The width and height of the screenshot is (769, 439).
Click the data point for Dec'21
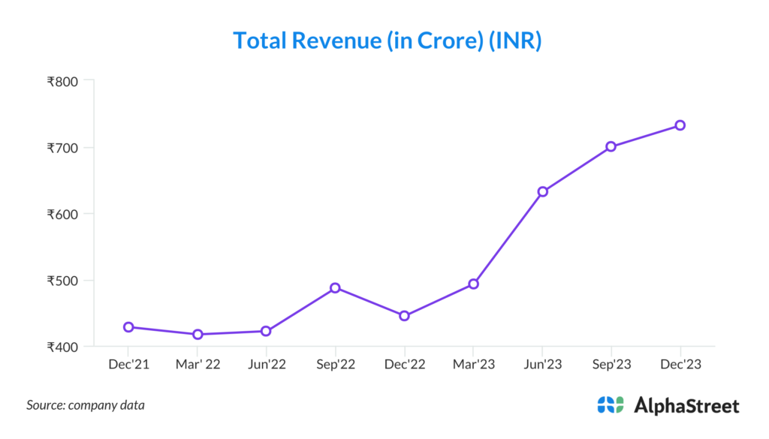(128, 327)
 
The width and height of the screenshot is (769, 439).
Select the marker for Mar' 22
(198, 334)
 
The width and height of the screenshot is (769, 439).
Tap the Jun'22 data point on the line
(266, 331)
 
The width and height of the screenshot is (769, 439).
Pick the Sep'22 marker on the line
(335, 287)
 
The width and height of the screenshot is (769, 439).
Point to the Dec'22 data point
(404, 316)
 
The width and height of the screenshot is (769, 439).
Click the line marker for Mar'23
(473, 284)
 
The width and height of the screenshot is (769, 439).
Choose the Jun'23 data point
(542, 191)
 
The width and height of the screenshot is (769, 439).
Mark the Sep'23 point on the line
(611, 146)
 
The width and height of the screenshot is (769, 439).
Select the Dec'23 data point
(680, 125)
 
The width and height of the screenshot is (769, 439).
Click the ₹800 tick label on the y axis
(65, 80)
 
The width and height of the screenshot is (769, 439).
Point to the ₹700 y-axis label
(65, 147)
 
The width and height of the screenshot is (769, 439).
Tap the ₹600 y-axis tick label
(65, 214)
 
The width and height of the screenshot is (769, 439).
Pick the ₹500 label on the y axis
(65, 281)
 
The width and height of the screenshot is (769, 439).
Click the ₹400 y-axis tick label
(65, 347)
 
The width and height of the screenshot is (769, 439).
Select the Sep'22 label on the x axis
(335, 365)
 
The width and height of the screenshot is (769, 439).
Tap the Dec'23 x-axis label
(680, 365)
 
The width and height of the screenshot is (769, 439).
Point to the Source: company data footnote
(86, 405)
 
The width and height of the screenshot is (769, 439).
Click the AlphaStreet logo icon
(611, 405)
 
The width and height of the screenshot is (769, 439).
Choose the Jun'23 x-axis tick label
(542, 365)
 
